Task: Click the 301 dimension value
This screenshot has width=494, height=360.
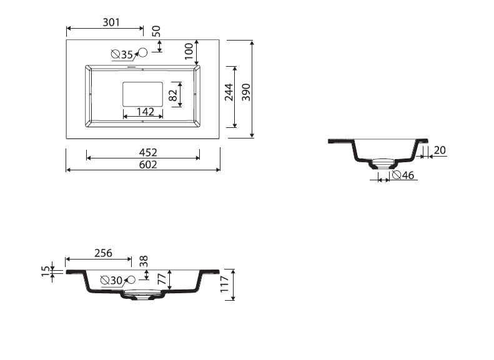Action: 111,22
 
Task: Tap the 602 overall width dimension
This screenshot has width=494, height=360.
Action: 148,165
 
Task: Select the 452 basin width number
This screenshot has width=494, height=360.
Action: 148,153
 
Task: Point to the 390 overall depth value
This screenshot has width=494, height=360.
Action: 246,92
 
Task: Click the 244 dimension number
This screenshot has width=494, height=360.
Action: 229,92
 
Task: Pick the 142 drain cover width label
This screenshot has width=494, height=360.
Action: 146,112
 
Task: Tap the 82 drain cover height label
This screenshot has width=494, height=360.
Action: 173,95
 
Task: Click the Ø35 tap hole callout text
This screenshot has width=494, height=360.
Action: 122,54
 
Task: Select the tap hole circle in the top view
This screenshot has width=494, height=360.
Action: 143,52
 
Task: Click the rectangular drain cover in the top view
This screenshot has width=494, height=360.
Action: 143,94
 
